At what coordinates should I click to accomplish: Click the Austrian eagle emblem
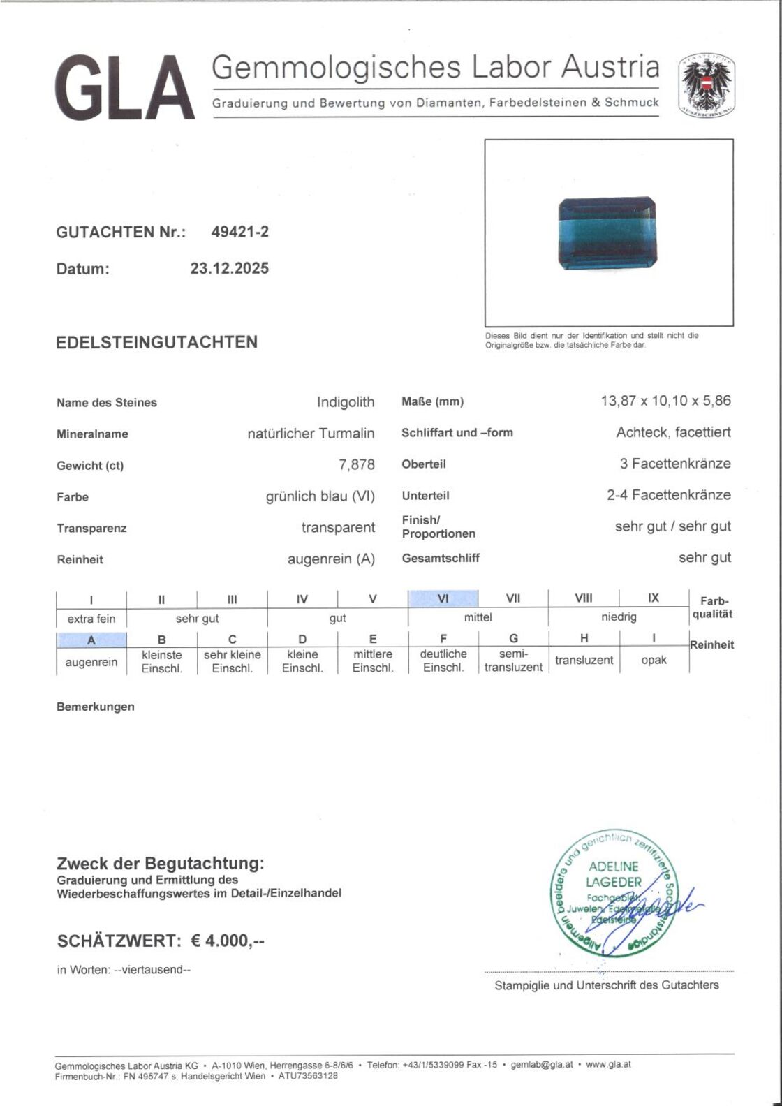coord(708,88)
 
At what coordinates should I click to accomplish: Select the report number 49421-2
coord(239,233)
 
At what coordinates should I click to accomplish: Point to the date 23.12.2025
coord(229,268)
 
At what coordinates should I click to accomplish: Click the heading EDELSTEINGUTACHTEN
coord(156,342)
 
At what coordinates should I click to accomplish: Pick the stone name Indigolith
coord(345,402)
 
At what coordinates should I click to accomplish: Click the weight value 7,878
coord(357,464)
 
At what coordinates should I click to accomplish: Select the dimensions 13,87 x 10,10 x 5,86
coord(665,401)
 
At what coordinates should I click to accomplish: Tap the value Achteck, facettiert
coord(673,432)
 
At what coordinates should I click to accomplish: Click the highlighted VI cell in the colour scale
coord(443,598)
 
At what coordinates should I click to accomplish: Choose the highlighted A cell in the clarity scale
coord(91,640)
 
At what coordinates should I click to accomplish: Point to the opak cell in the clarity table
coord(654,660)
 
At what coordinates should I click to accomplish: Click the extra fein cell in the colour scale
coord(91,618)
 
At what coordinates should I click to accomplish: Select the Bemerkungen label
coord(96,707)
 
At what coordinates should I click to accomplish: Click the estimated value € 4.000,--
coord(228,941)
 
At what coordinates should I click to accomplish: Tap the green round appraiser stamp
coord(612,895)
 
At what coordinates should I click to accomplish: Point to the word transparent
coord(338,527)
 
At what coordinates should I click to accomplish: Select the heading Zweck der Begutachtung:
coord(161,864)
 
